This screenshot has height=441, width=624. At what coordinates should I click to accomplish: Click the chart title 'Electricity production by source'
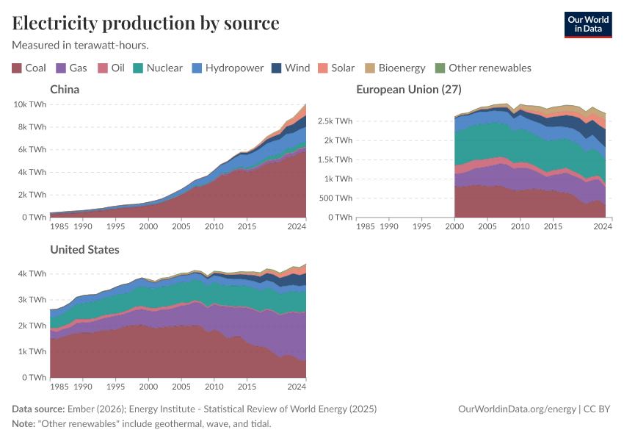145,24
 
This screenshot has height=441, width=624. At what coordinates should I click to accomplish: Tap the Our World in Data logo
587,24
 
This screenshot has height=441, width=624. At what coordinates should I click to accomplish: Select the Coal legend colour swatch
17,68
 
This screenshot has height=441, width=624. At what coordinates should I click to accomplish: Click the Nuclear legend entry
157,68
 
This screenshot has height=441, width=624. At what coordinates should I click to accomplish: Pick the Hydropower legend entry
228,68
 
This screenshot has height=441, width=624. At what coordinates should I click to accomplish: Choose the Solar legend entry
336,68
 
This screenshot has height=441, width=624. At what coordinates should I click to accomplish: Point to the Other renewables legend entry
482,68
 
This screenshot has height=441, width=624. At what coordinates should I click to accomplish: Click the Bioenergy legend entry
395,68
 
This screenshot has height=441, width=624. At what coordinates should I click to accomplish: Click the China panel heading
65,90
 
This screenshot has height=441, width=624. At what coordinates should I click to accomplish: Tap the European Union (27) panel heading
408,90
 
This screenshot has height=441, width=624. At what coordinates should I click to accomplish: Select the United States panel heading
84,250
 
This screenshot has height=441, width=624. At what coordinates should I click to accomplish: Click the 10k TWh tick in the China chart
29,104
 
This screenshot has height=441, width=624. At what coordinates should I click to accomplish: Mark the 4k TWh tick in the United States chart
32,273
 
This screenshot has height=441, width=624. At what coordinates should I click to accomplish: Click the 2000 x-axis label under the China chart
148,227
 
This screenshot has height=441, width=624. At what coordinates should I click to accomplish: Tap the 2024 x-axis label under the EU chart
602,227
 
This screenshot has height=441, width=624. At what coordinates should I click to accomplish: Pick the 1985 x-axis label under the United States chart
59,387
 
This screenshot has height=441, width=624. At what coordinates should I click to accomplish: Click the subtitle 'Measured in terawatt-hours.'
80,45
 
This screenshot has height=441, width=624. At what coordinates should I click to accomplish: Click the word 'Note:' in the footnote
25,424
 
